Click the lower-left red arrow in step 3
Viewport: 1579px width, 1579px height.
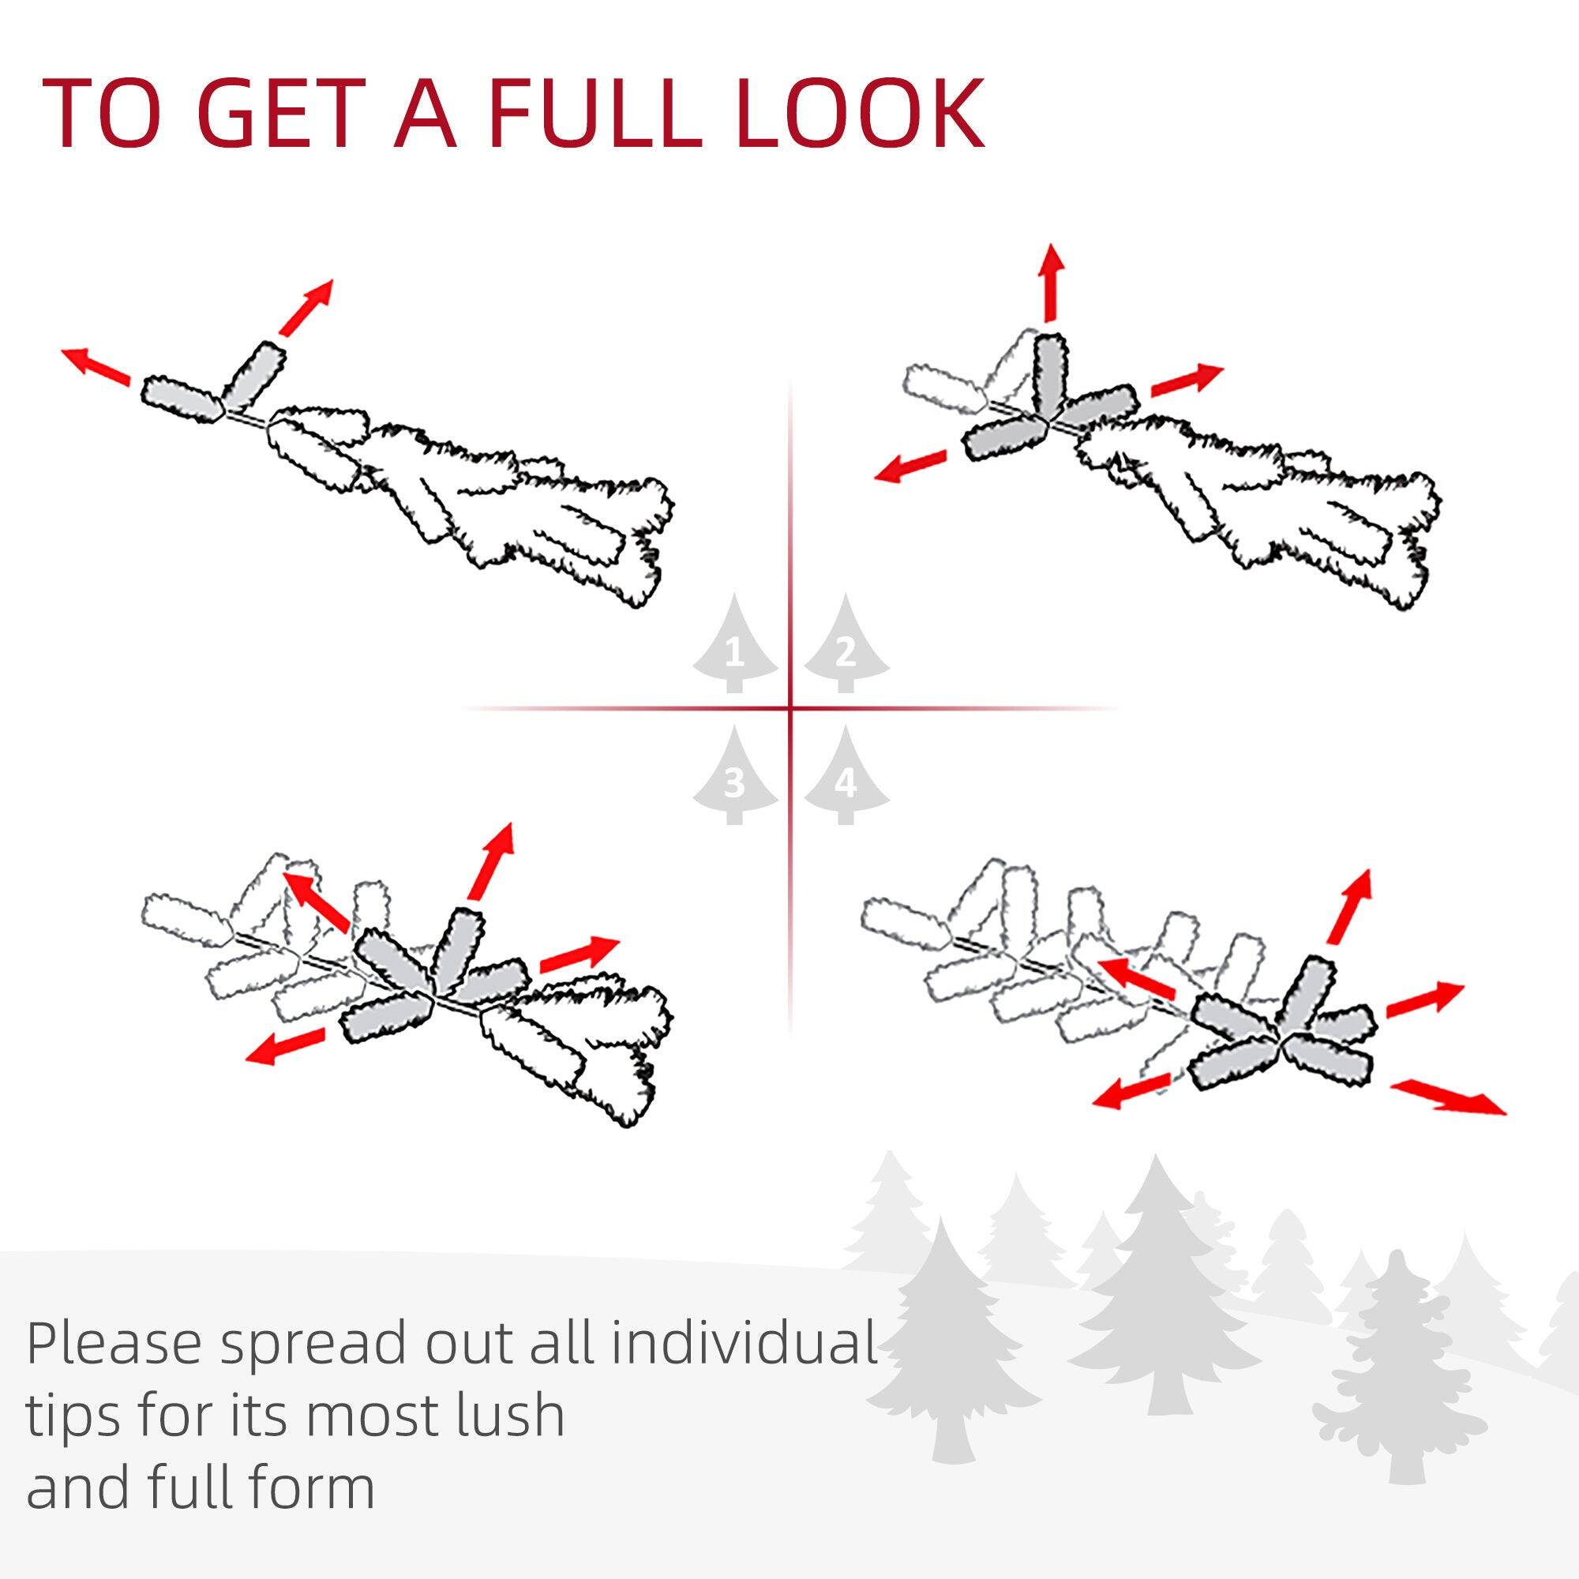pos(285,1047)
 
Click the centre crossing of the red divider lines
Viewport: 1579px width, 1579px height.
pos(789,707)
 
